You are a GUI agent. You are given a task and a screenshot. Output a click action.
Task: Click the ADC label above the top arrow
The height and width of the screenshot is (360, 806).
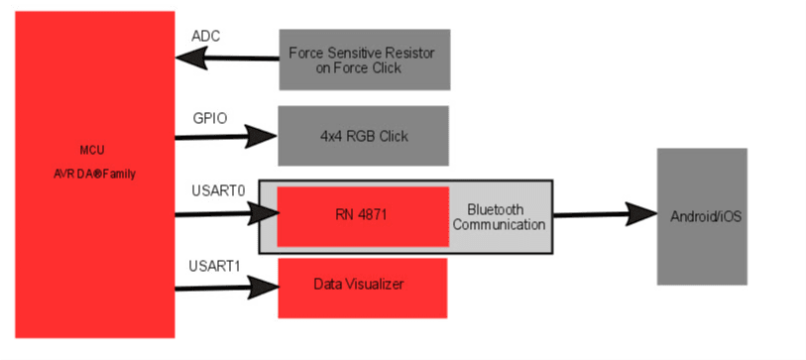[205, 37]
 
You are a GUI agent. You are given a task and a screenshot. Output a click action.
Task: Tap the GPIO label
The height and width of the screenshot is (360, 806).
[209, 118]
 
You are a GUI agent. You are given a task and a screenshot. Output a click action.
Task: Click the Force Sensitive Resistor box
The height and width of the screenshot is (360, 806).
[364, 60]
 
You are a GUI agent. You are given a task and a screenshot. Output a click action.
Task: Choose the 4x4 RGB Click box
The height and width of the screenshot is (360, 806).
[363, 136]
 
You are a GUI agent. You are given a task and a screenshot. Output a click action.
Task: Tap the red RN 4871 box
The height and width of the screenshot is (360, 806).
[362, 216]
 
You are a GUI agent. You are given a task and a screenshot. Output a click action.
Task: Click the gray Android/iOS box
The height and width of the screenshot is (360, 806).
[702, 215]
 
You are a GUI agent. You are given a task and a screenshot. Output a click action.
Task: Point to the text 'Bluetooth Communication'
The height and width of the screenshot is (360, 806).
[499, 216]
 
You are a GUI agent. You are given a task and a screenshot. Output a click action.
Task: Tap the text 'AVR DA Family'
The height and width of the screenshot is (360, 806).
[94, 173]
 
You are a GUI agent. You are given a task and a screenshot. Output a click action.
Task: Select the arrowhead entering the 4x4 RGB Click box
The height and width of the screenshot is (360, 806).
[262, 137]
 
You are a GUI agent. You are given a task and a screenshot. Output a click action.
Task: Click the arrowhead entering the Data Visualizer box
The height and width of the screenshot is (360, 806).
[264, 289]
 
